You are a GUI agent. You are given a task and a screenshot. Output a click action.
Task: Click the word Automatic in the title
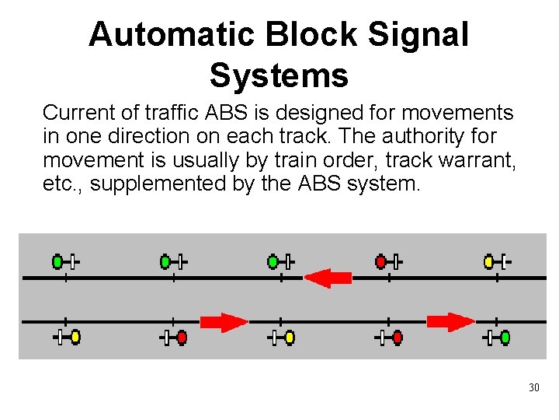click(171, 35)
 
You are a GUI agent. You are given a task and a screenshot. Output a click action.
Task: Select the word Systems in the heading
click(279, 75)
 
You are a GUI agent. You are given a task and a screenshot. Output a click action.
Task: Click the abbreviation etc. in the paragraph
click(60, 184)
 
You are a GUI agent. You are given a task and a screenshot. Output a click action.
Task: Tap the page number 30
click(533, 387)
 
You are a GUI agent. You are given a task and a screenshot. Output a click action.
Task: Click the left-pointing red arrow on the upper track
click(328, 278)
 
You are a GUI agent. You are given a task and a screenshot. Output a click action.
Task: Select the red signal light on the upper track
click(381, 261)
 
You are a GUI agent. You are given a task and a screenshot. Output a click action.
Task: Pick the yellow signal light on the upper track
click(489, 261)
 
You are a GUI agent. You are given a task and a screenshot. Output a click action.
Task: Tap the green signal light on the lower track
click(505, 338)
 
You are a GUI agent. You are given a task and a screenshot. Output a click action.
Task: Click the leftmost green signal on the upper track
click(57, 261)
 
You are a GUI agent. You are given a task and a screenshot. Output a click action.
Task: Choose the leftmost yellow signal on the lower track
click(75, 338)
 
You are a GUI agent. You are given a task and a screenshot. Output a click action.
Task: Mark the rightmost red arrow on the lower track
click(450, 321)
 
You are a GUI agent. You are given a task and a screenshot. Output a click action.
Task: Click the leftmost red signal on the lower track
click(182, 338)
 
